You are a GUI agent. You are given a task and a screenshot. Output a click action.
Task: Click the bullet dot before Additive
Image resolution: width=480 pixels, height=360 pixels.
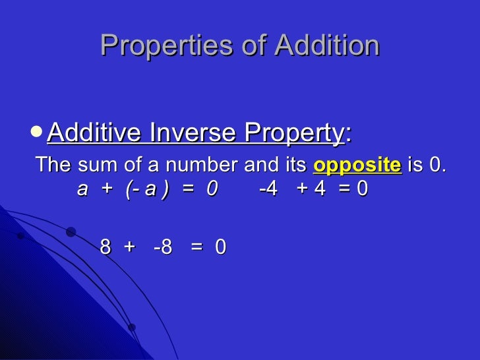(x=38, y=132)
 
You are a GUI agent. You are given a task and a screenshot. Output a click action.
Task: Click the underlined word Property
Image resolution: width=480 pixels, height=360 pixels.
(x=294, y=134)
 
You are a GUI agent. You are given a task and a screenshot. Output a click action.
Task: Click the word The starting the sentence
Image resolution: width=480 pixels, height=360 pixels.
(x=55, y=165)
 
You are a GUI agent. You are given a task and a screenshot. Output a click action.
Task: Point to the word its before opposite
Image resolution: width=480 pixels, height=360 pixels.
(x=295, y=165)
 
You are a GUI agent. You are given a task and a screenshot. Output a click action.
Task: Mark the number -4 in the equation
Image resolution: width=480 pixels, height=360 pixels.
(x=268, y=189)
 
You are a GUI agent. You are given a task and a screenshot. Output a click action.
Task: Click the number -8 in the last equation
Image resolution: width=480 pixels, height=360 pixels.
(x=162, y=247)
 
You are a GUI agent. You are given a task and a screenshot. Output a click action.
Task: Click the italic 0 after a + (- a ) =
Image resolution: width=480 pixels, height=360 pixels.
(x=211, y=189)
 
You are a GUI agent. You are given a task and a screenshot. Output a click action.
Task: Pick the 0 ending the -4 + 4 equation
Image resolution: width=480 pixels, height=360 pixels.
(x=362, y=189)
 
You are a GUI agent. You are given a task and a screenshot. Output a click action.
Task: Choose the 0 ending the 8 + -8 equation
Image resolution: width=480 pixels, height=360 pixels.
(x=221, y=247)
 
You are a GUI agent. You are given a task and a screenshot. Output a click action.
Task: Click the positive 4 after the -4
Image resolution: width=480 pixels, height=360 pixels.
(x=319, y=189)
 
